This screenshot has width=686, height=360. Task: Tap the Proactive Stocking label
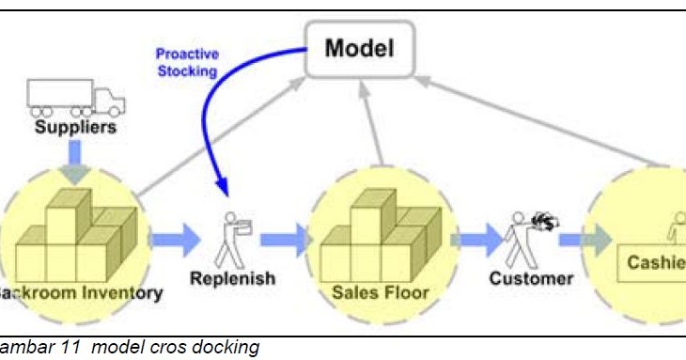pos(186,62)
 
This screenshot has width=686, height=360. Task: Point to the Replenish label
pos(232,278)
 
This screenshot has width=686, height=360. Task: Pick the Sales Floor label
pos(380,292)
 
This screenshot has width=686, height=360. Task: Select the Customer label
pos(531,278)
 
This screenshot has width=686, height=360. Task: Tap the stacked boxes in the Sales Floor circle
pos(378,235)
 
